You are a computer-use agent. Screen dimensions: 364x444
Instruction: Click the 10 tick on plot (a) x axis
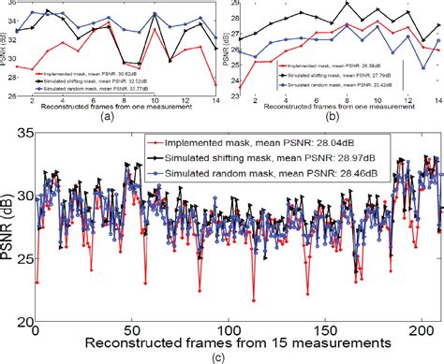155,100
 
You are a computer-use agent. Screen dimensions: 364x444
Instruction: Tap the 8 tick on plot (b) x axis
348,100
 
